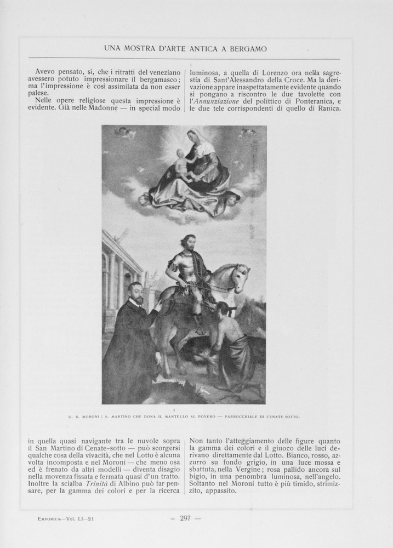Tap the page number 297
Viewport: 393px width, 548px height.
click(185, 518)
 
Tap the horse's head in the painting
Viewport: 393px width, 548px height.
click(240, 276)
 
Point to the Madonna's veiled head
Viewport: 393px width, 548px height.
click(195, 136)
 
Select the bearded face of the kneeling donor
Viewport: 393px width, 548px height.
click(135, 294)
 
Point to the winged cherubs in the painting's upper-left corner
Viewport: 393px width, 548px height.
click(126, 132)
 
